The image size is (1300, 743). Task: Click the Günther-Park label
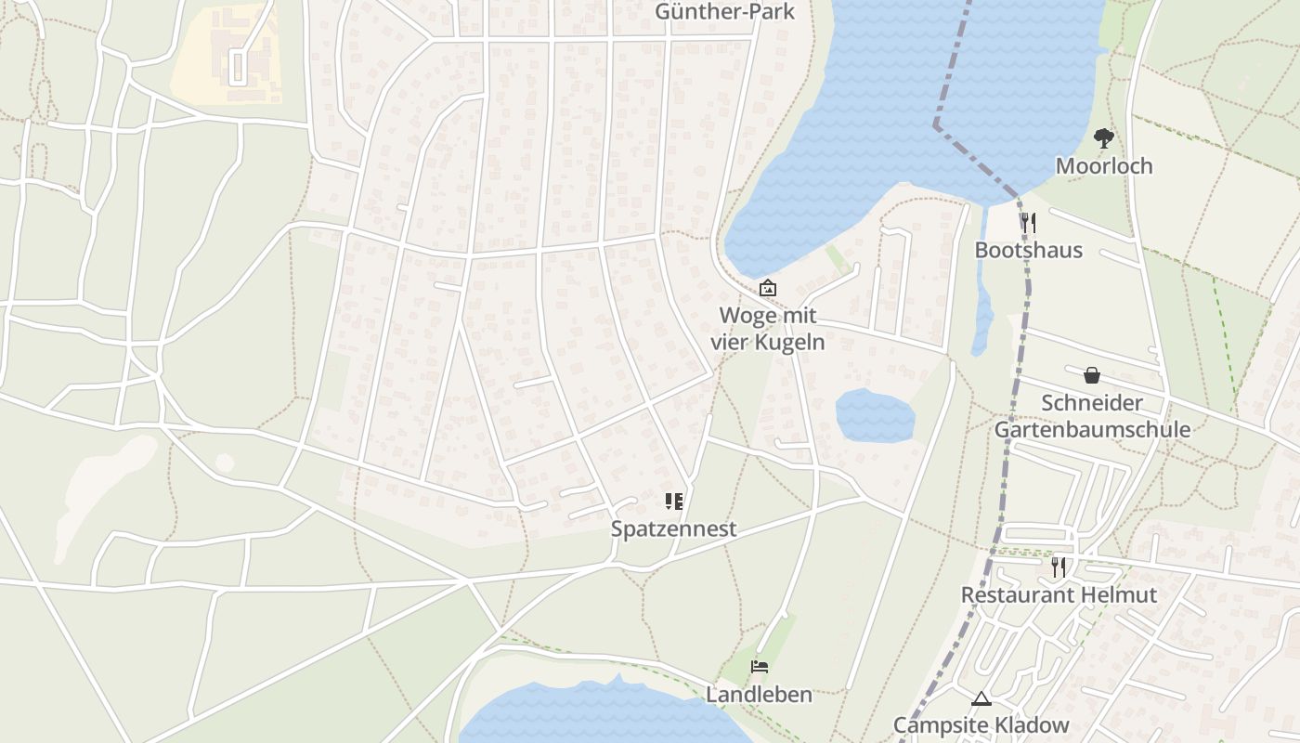pos(712,11)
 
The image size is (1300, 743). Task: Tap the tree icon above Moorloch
pos(1103,139)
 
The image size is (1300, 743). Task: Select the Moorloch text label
pos(1104,166)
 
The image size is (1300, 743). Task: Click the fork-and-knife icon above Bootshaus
pos(1028,223)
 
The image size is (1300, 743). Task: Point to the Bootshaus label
pos(1028,250)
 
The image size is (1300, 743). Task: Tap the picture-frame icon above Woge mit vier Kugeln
pos(768,289)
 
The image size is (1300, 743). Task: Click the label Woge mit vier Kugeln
pos(768,328)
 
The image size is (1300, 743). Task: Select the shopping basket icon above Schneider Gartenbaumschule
pos(1092,375)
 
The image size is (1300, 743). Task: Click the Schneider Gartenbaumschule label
pos(1092,416)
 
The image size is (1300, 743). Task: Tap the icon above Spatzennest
pos(674,502)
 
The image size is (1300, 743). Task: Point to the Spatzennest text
pos(674,528)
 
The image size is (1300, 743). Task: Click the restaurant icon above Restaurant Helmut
pos(1058,567)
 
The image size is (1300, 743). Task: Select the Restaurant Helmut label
pos(1059,594)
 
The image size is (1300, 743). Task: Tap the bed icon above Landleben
pos(760,667)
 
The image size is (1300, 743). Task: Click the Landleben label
pos(759,694)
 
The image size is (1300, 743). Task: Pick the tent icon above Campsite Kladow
pos(981,698)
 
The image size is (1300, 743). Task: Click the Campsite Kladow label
pos(981,724)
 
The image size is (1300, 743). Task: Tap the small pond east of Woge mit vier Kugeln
pos(875,416)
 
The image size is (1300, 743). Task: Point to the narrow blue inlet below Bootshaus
pos(982,306)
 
